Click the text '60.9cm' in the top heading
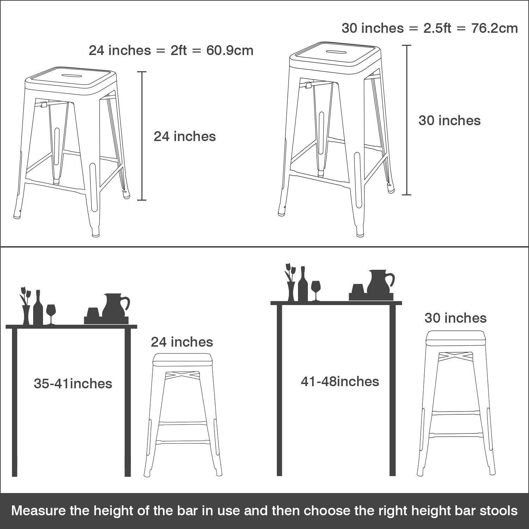[x=230, y=50]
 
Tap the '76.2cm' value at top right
[x=494, y=28]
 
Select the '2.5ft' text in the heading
[x=437, y=28]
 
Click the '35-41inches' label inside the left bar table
[x=73, y=384]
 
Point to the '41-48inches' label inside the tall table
[x=340, y=382]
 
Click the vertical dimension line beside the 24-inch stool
[x=142, y=136]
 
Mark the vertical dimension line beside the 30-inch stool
[x=407, y=120]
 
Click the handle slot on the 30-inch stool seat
[x=335, y=51]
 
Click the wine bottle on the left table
[x=38, y=309]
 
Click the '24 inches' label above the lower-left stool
[x=182, y=342]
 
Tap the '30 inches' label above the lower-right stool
[x=455, y=318]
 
